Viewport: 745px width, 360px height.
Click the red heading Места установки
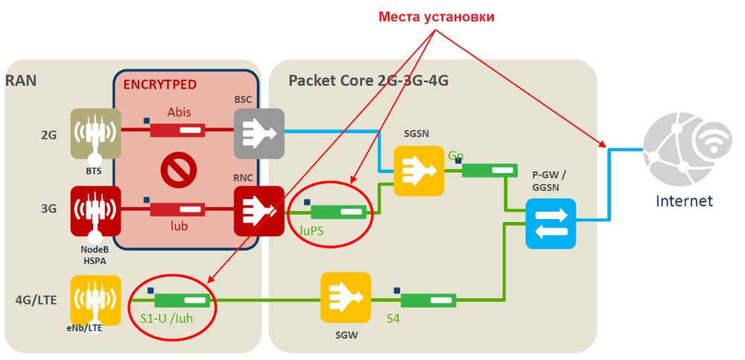point(436,16)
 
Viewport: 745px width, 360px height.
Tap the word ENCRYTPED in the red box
point(159,84)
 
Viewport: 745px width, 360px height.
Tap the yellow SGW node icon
point(346,297)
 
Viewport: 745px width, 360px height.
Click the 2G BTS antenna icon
point(95,134)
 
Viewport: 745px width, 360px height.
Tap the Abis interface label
point(179,113)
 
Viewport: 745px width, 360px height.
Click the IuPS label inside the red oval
point(312,231)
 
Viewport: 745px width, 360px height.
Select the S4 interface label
point(393,318)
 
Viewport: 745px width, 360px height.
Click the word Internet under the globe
point(684,200)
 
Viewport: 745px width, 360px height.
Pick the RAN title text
point(21,80)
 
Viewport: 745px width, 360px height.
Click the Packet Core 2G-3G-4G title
point(368,80)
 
